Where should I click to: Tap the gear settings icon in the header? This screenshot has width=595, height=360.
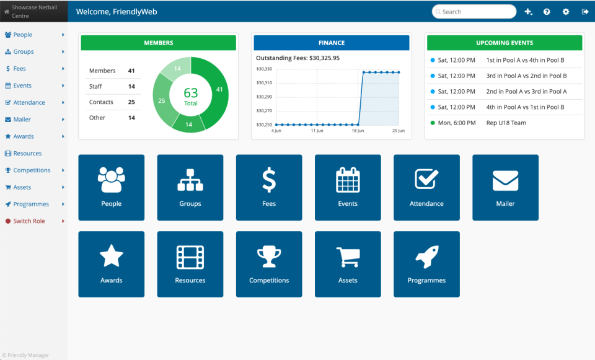coord(566,12)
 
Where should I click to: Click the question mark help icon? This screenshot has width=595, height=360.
coord(547,12)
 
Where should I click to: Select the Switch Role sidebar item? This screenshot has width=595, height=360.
coord(29,221)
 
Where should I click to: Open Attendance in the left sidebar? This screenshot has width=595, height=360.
coord(29,102)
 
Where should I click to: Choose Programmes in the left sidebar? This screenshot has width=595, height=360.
coord(31,204)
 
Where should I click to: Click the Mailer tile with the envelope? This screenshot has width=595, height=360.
coord(505,188)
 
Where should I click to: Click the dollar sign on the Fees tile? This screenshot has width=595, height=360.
coord(269,180)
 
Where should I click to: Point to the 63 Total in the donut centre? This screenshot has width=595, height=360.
coord(191,95)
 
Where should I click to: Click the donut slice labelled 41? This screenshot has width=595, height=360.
coord(219,89)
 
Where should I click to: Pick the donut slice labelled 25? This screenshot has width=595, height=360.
coord(162,100)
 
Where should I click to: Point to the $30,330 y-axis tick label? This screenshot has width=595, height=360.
coord(265,69)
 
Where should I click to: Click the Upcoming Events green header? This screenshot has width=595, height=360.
coord(505,43)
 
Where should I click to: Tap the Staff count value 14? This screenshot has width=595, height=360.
coord(131,87)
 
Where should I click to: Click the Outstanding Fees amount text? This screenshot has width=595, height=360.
coord(297,58)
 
